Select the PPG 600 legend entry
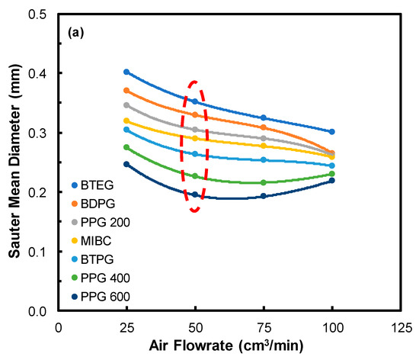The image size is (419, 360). [100, 295]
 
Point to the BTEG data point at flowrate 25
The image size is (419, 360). [126, 72]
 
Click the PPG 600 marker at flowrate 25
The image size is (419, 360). [126, 164]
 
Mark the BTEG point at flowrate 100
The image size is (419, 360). [332, 132]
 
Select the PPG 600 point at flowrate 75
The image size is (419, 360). [264, 196]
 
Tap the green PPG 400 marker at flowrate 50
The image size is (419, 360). [195, 176]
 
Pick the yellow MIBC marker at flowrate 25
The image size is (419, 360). [126, 121]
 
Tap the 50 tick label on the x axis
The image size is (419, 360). [195, 325]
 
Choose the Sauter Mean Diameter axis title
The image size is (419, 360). [13, 162]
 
